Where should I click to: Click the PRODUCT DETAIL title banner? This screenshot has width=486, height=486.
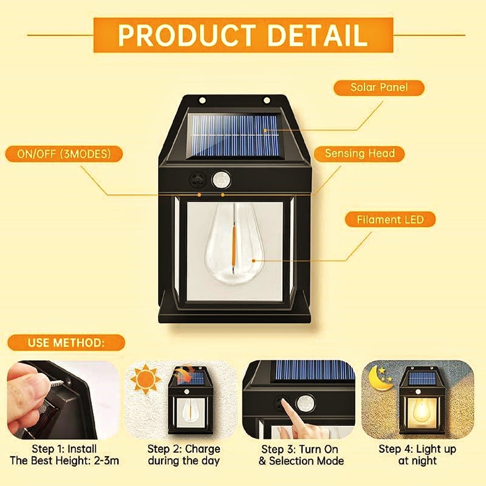[243, 35]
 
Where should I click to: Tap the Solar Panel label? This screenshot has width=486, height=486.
[379, 87]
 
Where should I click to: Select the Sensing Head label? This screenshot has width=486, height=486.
[359, 154]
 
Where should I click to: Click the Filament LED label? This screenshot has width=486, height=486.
[390, 220]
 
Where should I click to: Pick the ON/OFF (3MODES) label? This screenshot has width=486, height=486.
[64, 154]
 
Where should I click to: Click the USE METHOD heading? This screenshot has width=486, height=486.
[66, 343]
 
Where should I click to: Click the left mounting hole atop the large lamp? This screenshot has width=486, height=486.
[202, 100]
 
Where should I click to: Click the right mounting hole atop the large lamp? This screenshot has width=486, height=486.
[266, 100]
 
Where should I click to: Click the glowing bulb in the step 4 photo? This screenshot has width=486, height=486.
[419, 410]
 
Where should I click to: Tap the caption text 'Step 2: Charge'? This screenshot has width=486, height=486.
[184, 449]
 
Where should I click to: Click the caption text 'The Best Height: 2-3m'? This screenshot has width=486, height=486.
[64, 460]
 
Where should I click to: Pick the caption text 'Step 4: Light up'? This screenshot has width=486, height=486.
[417, 449]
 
